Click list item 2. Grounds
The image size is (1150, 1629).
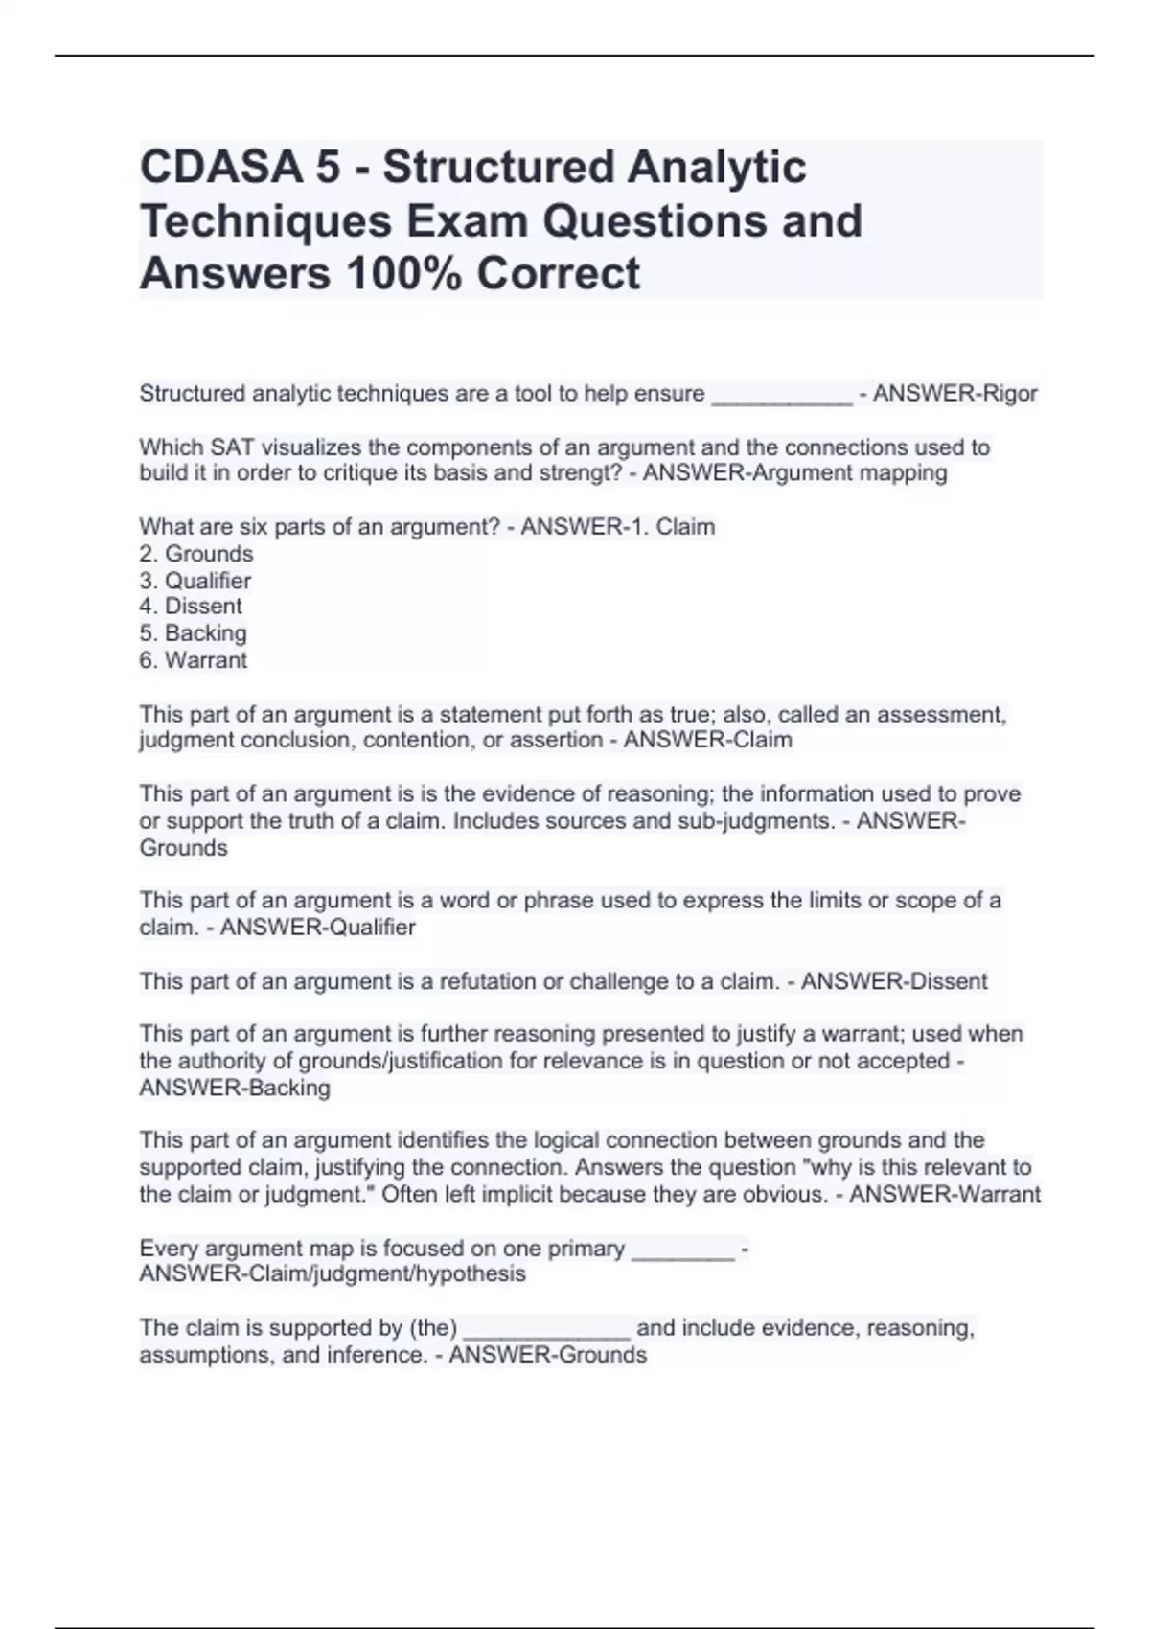point(196,554)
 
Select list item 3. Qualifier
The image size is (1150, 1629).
point(195,581)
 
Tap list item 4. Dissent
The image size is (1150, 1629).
point(191,607)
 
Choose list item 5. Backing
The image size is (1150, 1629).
point(193,633)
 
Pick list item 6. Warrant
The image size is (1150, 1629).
point(193,660)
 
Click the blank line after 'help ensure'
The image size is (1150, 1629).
point(781,396)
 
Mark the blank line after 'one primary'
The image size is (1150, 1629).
point(683,1250)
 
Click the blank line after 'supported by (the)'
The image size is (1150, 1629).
point(546,1330)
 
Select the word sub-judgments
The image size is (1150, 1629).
point(756,821)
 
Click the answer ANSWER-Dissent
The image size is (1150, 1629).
point(894,981)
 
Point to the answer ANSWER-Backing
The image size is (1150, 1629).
point(235,1088)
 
